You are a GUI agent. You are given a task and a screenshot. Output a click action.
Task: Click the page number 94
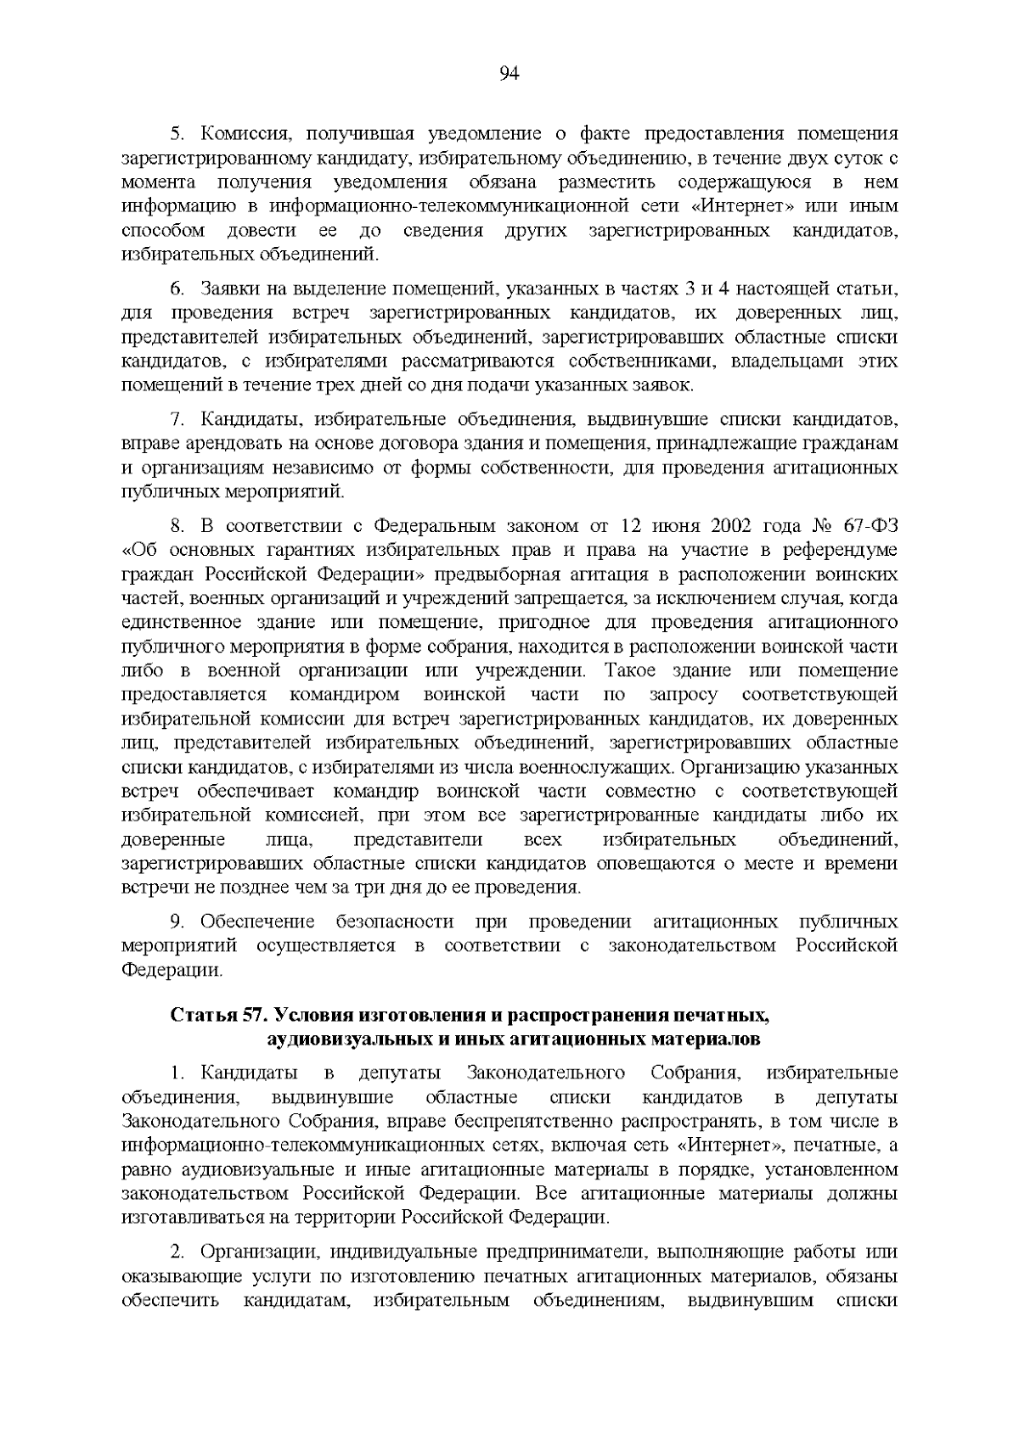pos(509,74)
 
